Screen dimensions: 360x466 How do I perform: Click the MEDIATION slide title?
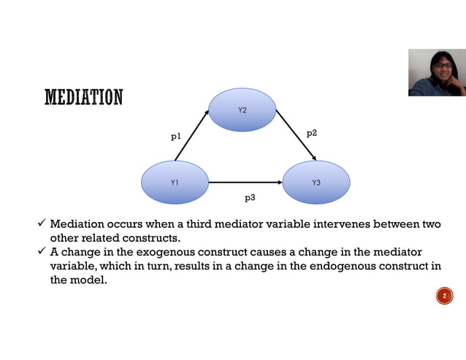[83, 97]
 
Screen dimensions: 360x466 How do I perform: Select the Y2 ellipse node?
[242, 110]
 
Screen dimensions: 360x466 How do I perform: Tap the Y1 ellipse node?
[175, 182]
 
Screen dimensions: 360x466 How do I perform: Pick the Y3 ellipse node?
[316, 182]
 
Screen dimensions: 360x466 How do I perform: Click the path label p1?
[175, 136]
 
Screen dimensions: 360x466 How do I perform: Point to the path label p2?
[311, 133]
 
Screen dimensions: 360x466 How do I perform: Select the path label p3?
[249, 197]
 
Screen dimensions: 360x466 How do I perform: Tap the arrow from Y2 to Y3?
[296, 135]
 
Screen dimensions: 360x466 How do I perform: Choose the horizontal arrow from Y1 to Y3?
[245, 182]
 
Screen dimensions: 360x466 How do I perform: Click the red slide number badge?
[443, 296]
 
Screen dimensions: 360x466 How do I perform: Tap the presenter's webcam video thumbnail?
[436, 72]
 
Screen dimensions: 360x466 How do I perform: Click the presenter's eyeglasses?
[443, 66]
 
